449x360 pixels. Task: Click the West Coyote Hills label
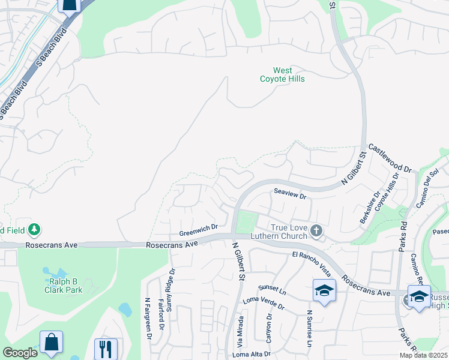(x=282, y=75)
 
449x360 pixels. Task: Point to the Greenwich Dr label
(x=198, y=229)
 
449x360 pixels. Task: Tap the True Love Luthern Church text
(x=281, y=233)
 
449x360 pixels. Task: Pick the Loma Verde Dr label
(x=263, y=302)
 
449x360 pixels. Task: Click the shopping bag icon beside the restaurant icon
(x=51, y=343)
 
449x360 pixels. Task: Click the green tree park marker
(x=35, y=229)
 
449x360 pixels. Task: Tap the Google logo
(x=20, y=353)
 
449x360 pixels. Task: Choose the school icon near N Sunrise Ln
(x=324, y=291)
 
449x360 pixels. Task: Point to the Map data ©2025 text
(x=423, y=355)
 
